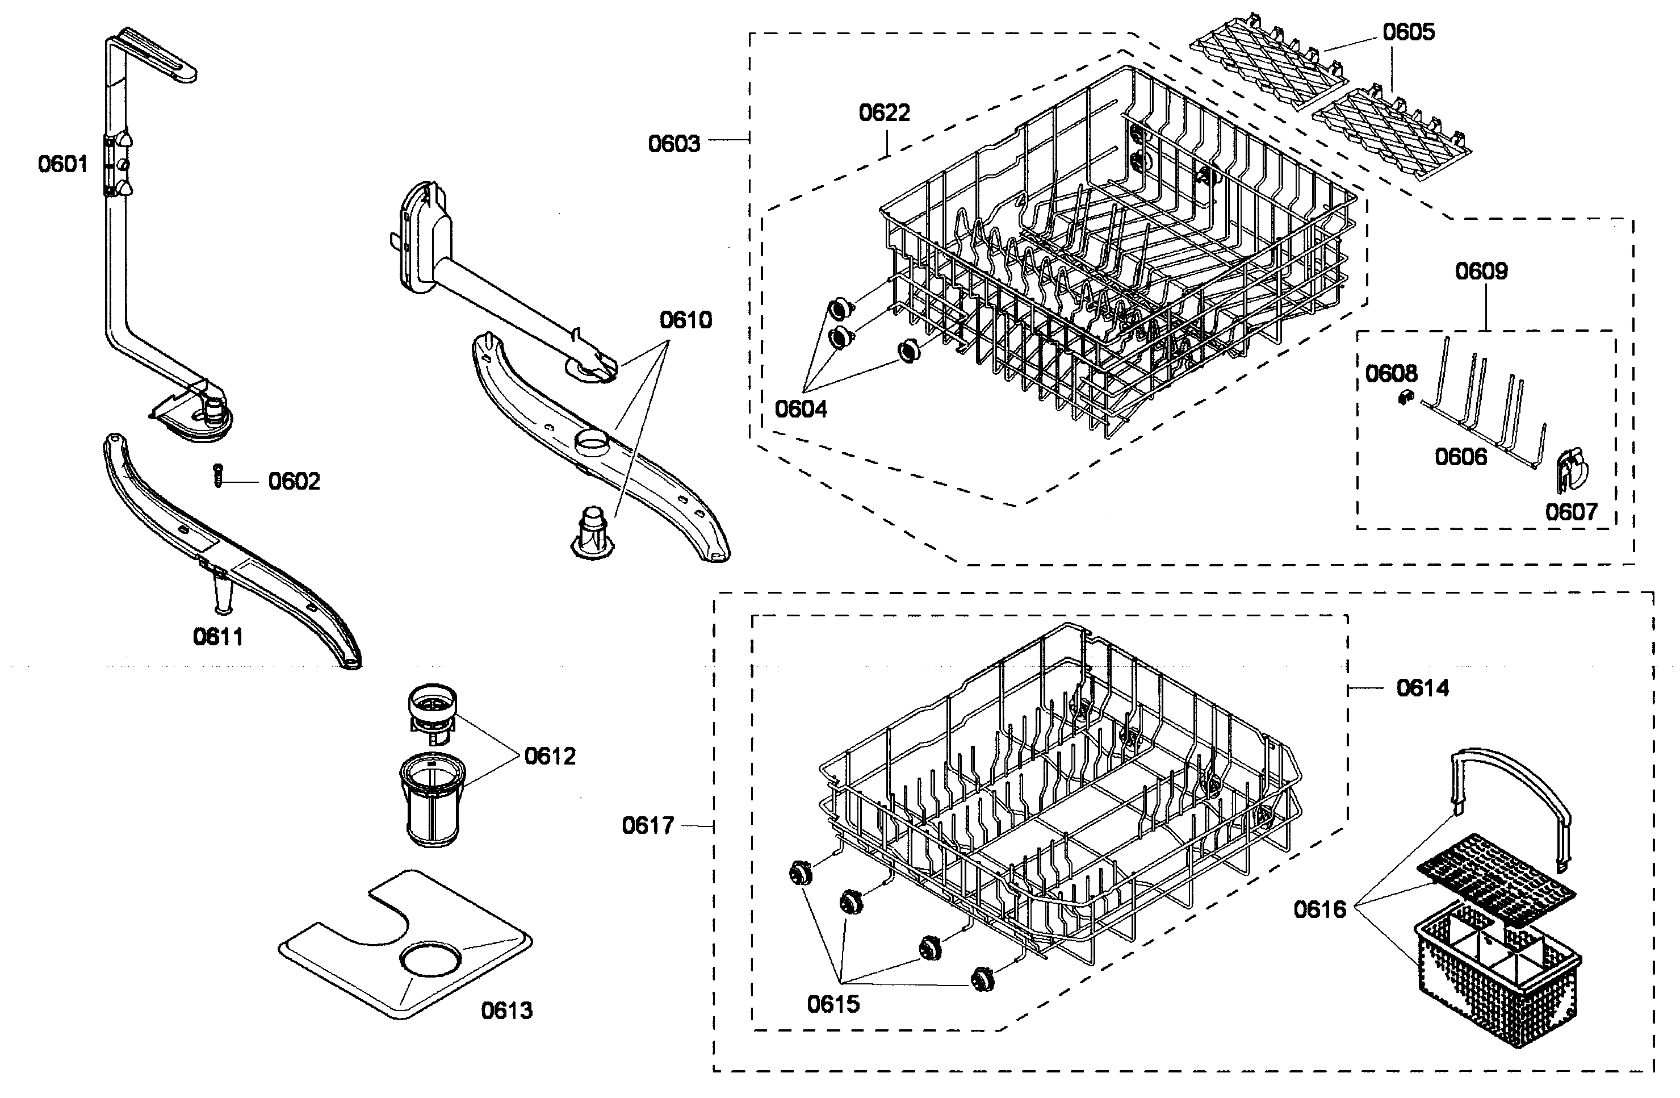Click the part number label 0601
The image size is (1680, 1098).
(x=63, y=165)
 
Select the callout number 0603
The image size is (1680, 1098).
(x=674, y=144)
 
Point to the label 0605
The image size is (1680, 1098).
(x=1408, y=32)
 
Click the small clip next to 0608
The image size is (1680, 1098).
(x=1404, y=398)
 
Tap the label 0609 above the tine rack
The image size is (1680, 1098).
(x=1481, y=271)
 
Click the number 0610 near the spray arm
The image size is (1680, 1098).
(x=685, y=320)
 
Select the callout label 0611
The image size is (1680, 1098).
(x=218, y=637)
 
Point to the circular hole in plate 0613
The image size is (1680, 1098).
(x=430, y=959)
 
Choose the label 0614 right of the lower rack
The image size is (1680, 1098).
(x=1422, y=688)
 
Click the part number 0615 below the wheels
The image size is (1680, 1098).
(x=833, y=1003)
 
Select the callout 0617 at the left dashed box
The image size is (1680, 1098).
(x=647, y=825)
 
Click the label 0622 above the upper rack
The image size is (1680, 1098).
(x=884, y=113)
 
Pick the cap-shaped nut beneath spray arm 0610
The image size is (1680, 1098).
(x=592, y=535)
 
